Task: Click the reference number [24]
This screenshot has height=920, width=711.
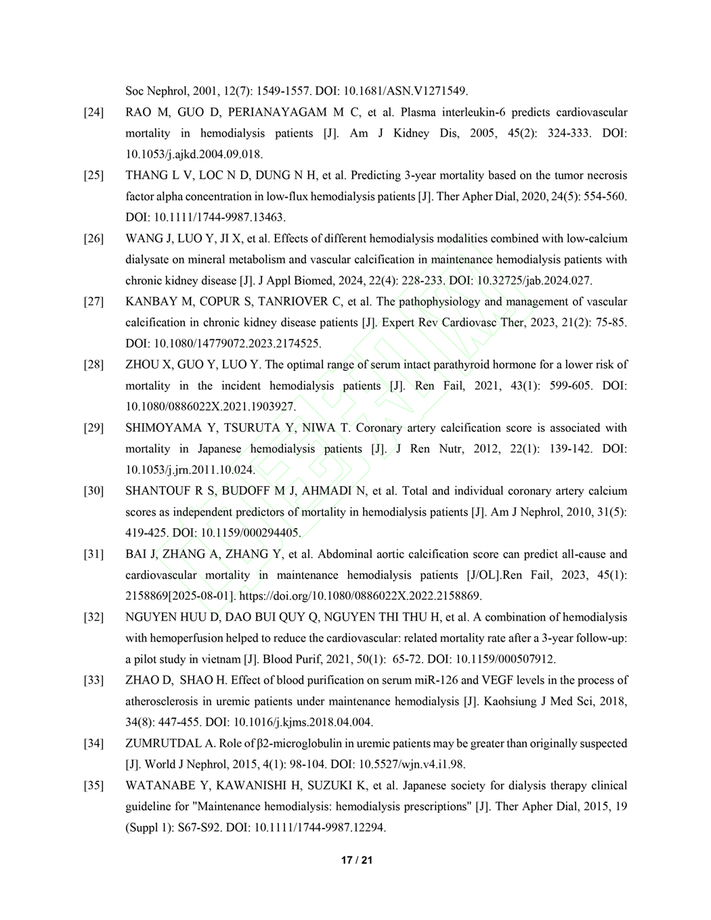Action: (x=93, y=112)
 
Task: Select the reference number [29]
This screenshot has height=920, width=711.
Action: (x=93, y=428)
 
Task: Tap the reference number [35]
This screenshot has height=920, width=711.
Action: (x=93, y=786)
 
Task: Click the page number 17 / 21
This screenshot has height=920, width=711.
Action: (x=357, y=860)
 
